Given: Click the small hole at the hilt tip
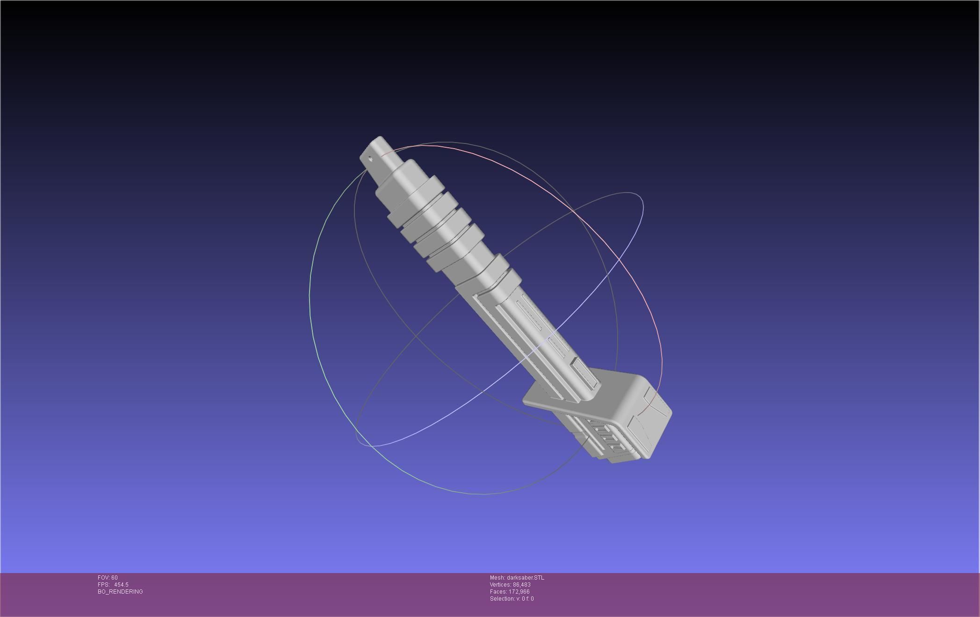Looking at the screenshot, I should coord(371,158).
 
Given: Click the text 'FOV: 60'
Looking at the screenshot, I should coord(108,578).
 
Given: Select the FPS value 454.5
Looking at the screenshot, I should coord(121,585).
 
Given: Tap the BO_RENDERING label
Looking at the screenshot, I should coord(120,592).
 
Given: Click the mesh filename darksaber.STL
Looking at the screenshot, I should coord(525,578).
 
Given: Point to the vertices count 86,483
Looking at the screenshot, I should coord(521,585).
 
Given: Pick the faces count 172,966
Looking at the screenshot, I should coord(519,592).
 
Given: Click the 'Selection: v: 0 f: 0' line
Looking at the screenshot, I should coord(512,599).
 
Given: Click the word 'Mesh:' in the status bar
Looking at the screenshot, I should coord(497,578).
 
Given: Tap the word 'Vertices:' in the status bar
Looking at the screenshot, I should coord(500,585).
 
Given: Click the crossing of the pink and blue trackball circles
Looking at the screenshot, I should coord(620,258).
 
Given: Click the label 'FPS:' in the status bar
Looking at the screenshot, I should coord(103,585).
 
